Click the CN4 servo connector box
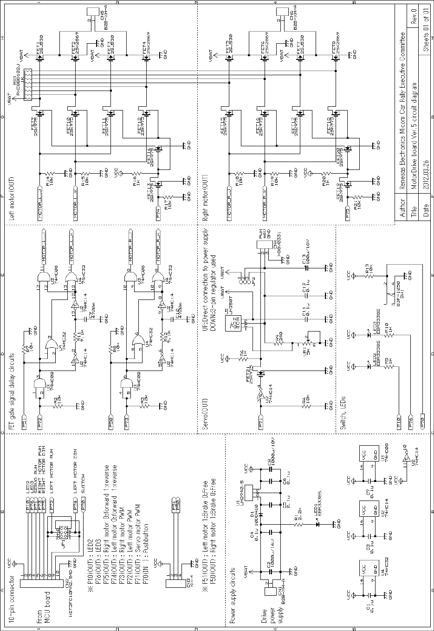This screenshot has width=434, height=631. click(264, 246)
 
